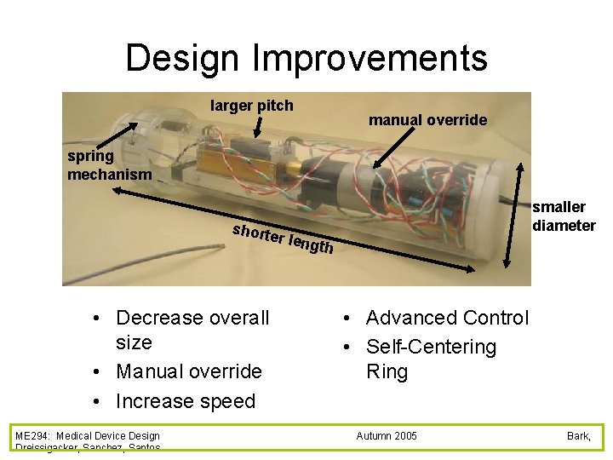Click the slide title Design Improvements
tap(306, 58)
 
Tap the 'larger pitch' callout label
tap(252, 106)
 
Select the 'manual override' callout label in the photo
tap(427, 120)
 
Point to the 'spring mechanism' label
tap(109, 165)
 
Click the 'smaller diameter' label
tap(563, 216)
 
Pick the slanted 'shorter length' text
tap(282, 238)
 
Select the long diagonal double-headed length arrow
tap(298, 230)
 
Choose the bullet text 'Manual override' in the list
tap(188, 371)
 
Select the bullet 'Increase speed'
tap(185, 401)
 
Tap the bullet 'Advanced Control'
tap(446, 318)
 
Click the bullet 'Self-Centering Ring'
tap(430, 359)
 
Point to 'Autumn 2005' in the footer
tap(387, 436)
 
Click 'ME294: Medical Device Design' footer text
tap(87, 436)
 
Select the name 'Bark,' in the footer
tap(578, 436)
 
